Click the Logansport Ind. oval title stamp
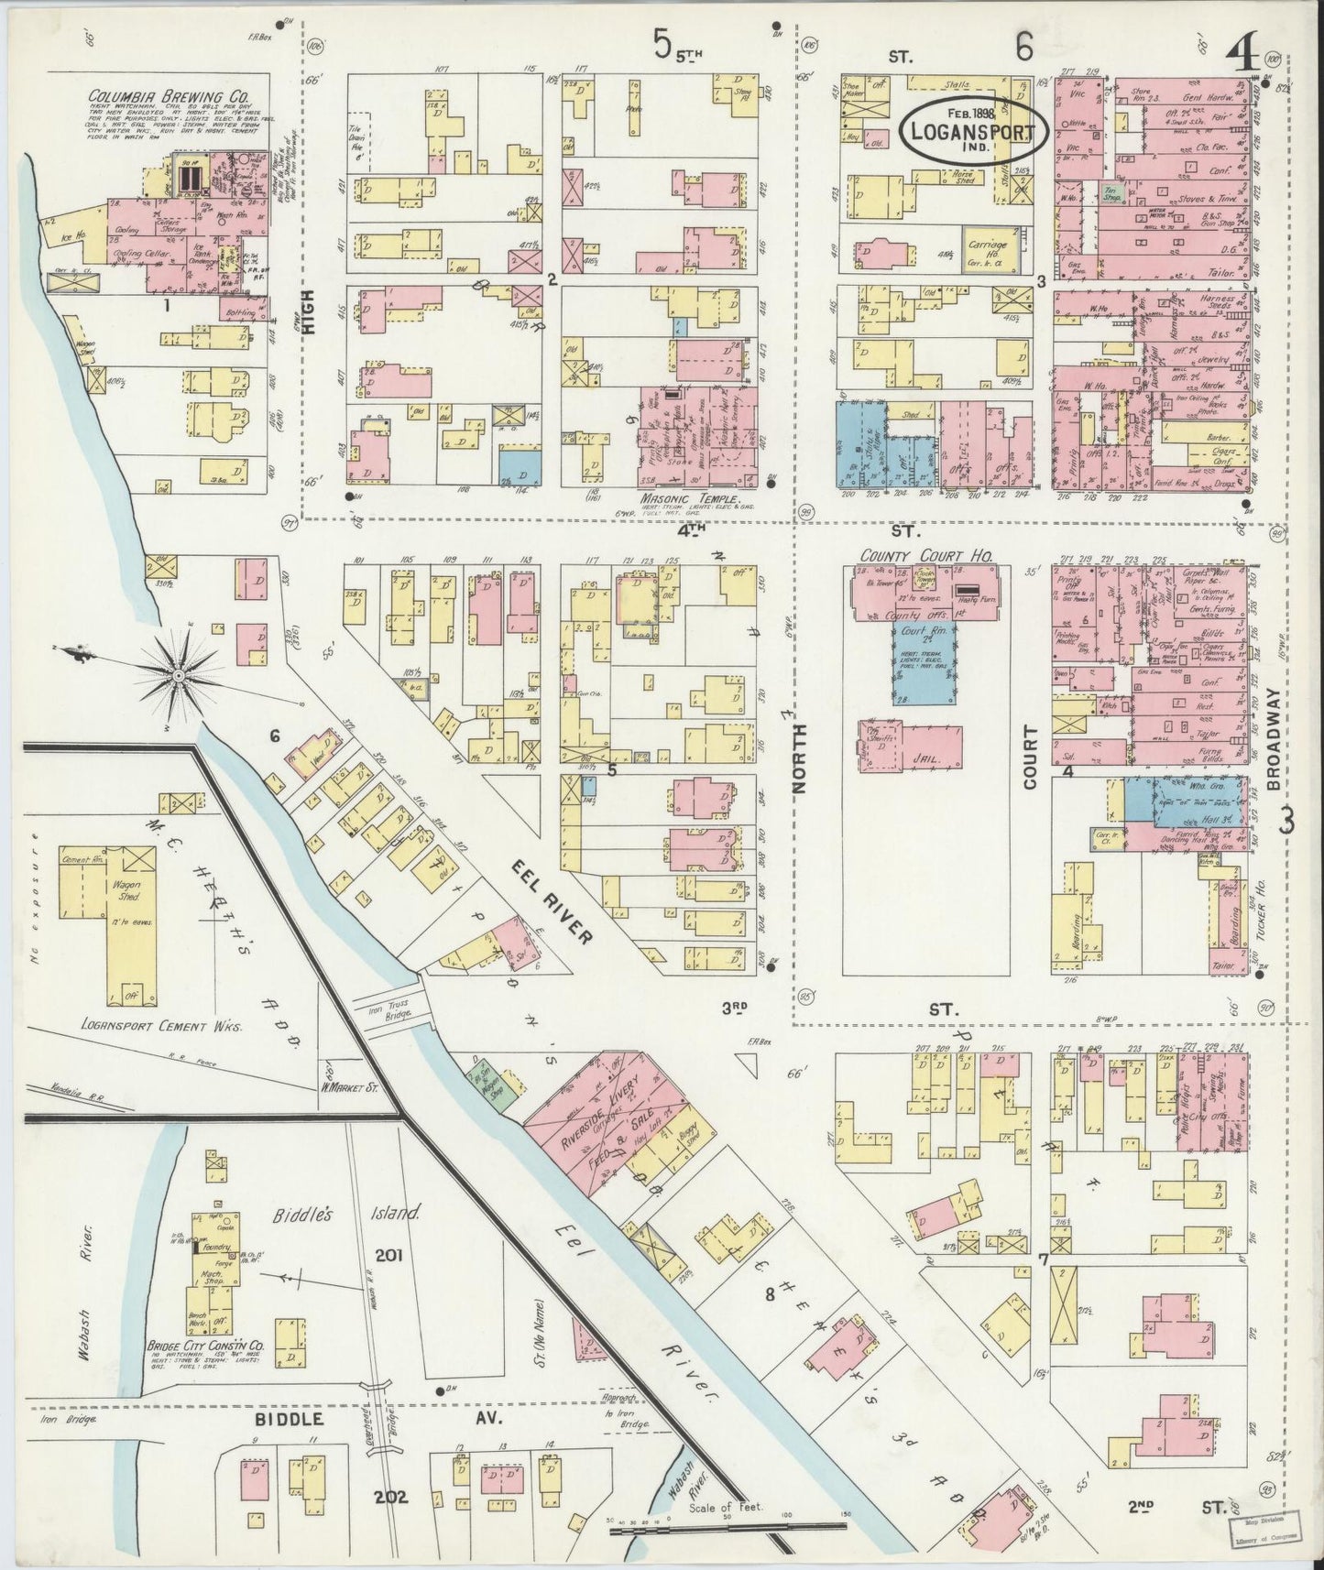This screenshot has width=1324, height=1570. [x=978, y=132]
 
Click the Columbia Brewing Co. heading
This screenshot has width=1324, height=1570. [x=166, y=96]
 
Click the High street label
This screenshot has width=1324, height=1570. [x=309, y=312]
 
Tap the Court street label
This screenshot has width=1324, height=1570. [x=1030, y=758]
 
